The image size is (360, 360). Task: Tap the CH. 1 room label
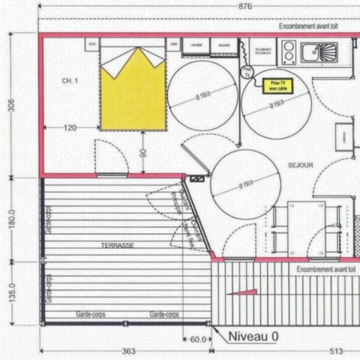pyautogui.click(x=69, y=79)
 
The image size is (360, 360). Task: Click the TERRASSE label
pyautogui.click(x=118, y=245)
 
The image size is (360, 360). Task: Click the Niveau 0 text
pyautogui.click(x=253, y=336)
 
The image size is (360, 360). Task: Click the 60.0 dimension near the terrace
pyautogui.click(x=196, y=339)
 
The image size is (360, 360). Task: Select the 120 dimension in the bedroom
pyautogui.click(x=70, y=128)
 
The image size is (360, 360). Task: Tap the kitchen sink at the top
pyautogui.click(x=319, y=52)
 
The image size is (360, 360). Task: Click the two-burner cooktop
pyautogui.click(x=287, y=52)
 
